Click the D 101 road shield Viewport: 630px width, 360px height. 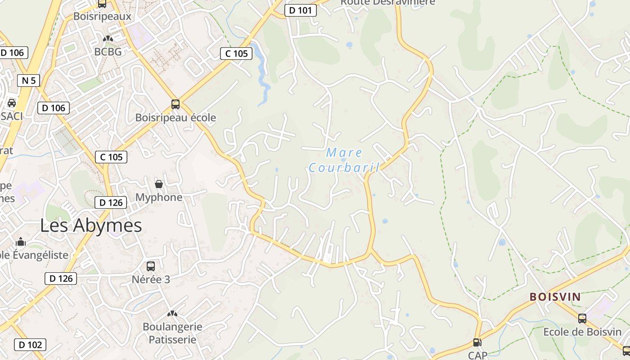pyautogui.click(x=300, y=10)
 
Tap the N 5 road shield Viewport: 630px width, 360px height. pyautogui.click(x=28, y=81)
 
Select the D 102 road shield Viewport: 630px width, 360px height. pyautogui.click(x=31, y=345)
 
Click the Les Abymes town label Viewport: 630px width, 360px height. pyautogui.click(x=91, y=225)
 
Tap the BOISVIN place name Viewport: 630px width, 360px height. pyautogui.click(x=555, y=297)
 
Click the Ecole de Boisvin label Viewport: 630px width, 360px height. pyautogui.click(x=582, y=332)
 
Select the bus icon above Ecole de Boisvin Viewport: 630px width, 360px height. pyautogui.click(x=582, y=319)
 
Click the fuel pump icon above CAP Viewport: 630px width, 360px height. pyautogui.click(x=477, y=343)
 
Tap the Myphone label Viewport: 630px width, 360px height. pyautogui.click(x=159, y=197)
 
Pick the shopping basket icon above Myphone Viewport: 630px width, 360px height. pyautogui.click(x=159, y=184)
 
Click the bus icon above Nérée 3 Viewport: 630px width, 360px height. pyautogui.click(x=151, y=266)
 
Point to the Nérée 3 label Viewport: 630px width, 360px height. pyautogui.click(x=151, y=279)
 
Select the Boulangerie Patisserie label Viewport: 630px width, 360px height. pyautogui.click(x=172, y=333)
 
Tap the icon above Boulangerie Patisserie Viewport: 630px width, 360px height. pyautogui.click(x=172, y=313)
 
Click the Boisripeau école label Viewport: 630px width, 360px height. pyautogui.click(x=175, y=118)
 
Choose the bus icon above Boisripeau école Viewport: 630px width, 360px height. pyautogui.click(x=175, y=104)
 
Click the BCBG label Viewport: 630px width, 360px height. pyautogui.click(x=108, y=52)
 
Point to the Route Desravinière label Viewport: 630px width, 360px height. pyautogui.click(x=387, y=2)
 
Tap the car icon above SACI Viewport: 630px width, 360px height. pyautogui.click(x=12, y=103)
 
